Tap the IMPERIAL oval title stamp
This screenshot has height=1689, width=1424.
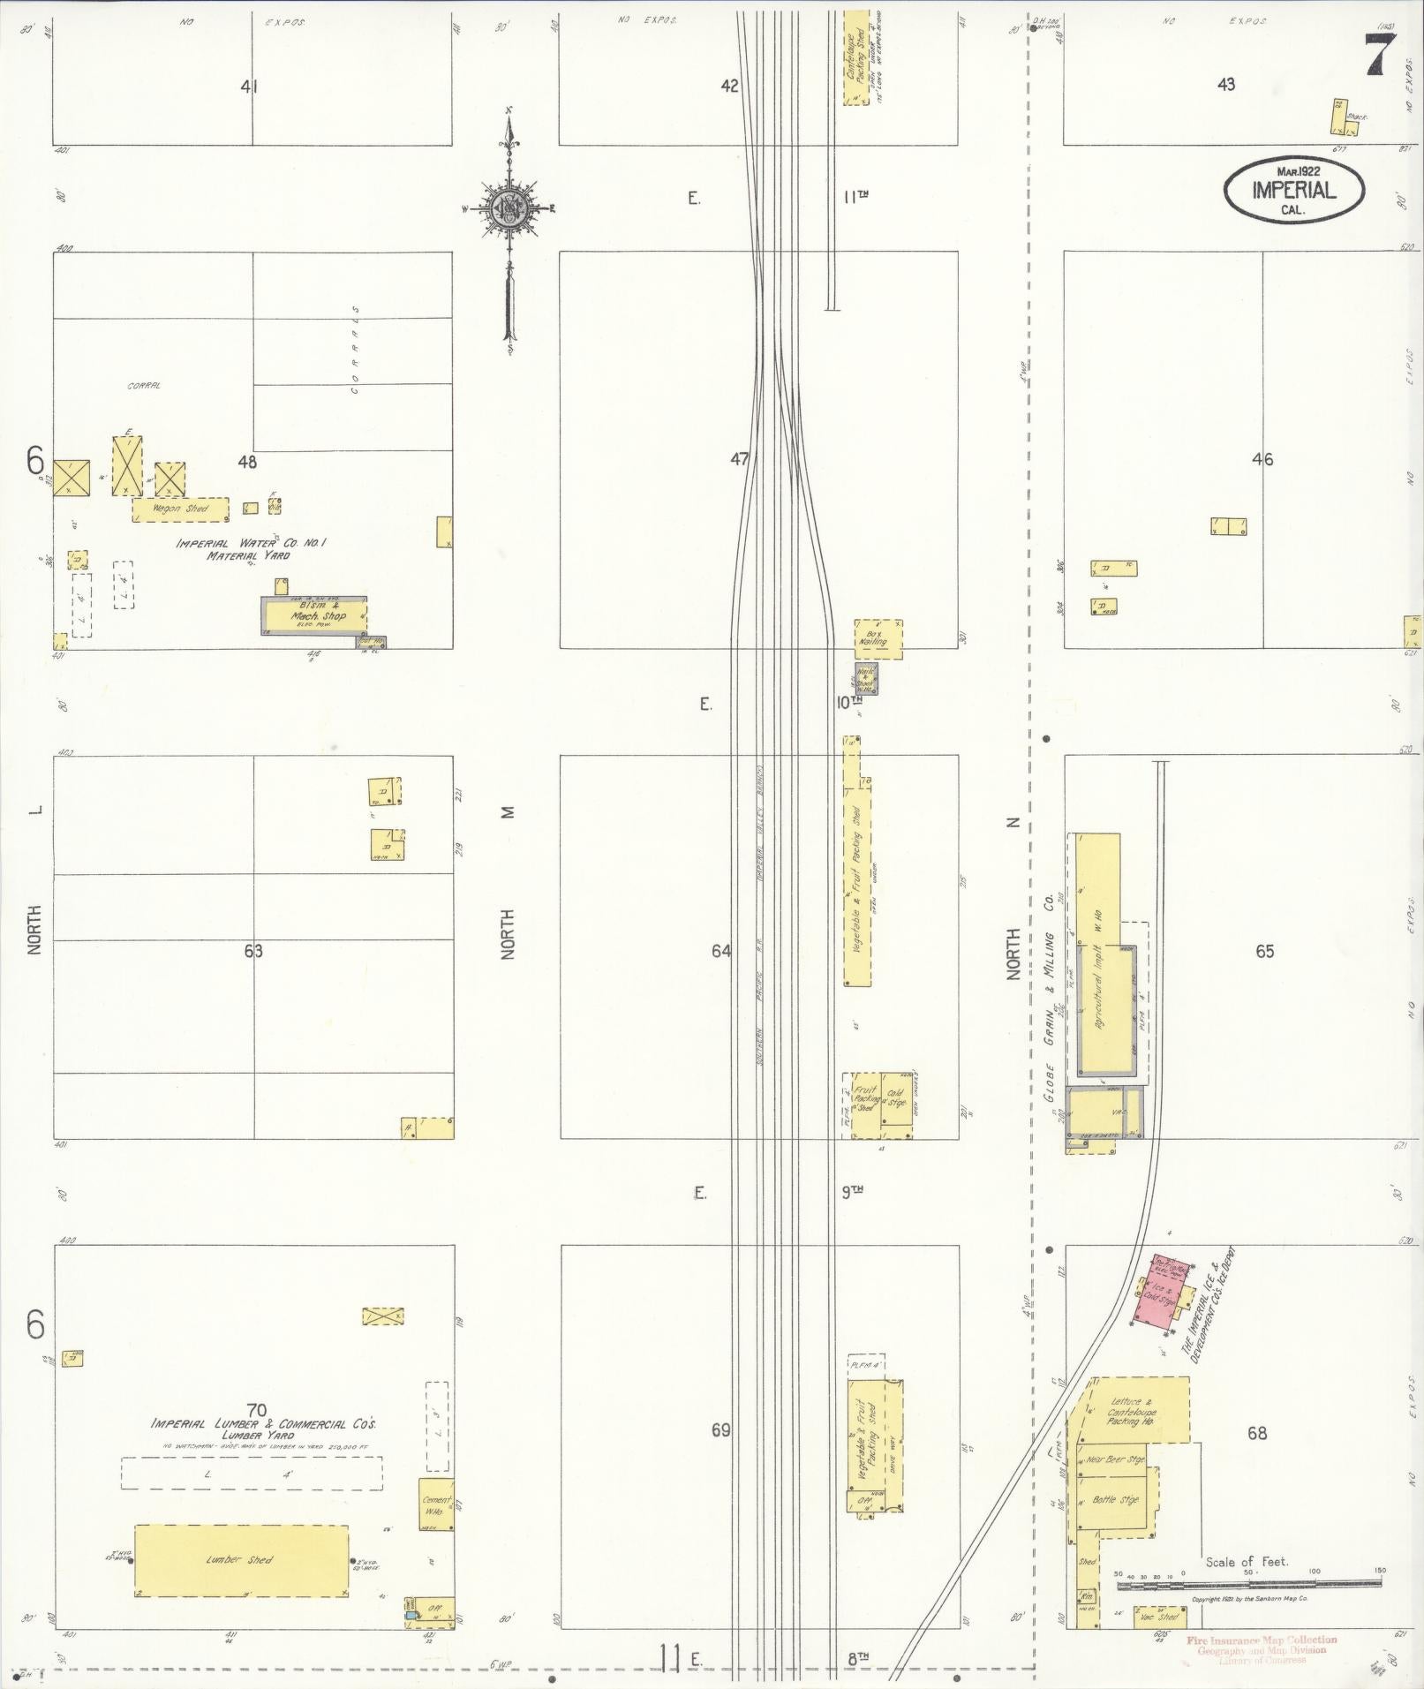pos(1293,188)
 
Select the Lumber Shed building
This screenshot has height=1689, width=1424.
pos(240,1560)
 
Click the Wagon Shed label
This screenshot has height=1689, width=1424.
pos(180,509)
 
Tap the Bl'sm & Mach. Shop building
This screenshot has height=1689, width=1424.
pos(314,616)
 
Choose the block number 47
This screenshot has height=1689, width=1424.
pos(739,459)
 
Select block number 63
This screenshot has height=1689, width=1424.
pos(253,951)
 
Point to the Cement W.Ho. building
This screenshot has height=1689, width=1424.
pos(437,1504)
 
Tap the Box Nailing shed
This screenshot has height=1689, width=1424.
pos(878,639)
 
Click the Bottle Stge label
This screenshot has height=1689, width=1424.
pos(1115,1500)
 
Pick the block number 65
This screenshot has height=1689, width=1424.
pos(1264,952)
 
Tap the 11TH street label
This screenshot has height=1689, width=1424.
pos(855,196)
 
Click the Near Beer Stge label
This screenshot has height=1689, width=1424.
pos(1115,1459)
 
